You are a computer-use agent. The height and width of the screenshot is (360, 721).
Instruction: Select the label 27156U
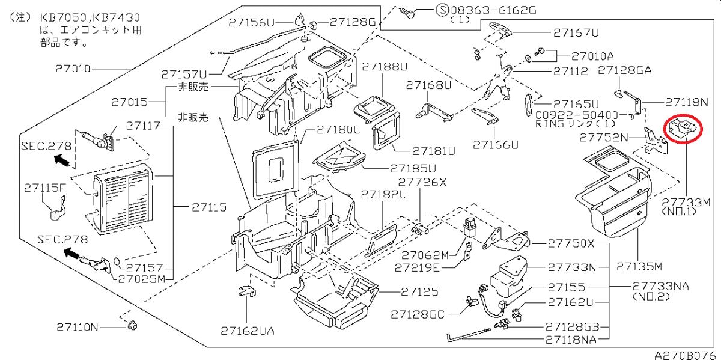[x=251, y=23]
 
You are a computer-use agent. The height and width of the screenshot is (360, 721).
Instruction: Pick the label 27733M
[x=686, y=203]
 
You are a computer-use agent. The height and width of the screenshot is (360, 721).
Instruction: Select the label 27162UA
[x=247, y=331]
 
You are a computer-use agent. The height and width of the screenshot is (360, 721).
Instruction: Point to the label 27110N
[x=78, y=327]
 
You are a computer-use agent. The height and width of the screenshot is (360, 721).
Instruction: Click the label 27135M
[x=639, y=266]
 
